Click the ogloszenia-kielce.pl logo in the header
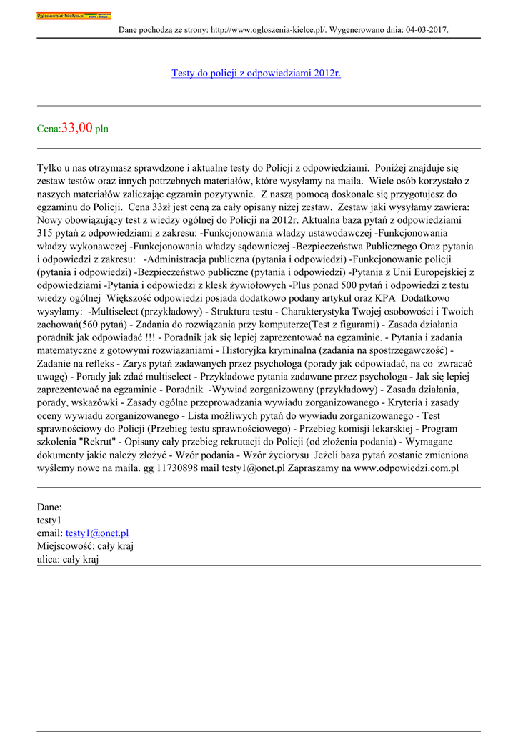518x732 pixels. click(74, 16)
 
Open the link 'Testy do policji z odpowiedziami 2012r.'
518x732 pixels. click(256, 73)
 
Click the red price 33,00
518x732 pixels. click(77, 128)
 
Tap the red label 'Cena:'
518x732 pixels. click(49, 129)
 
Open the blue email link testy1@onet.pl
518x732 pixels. click(97, 533)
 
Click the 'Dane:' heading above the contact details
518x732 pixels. click(49, 507)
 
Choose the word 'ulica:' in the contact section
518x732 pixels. click(50, 559)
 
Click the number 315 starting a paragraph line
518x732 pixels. click(46, 233)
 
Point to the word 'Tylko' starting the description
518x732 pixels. click(49, 168)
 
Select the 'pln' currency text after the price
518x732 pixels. click(102, 129)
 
